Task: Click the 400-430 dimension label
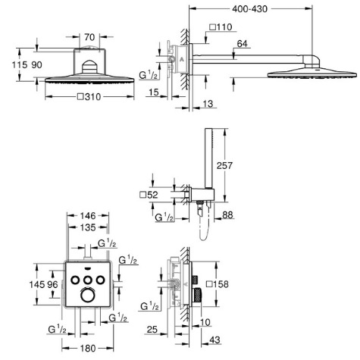(x=249, y=9)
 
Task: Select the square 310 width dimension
(x=89, y=96)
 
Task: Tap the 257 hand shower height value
(x=224, y=165)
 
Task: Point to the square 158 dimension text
(x=218, y=284)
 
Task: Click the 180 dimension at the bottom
(x=88, y=349)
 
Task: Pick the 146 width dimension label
(x=88, y=216)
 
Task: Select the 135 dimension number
(x=88, y=227)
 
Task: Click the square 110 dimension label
(x=221, y=27)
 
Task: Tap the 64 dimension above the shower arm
(x=242, y=44)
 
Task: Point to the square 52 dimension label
(x=149, y=195)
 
